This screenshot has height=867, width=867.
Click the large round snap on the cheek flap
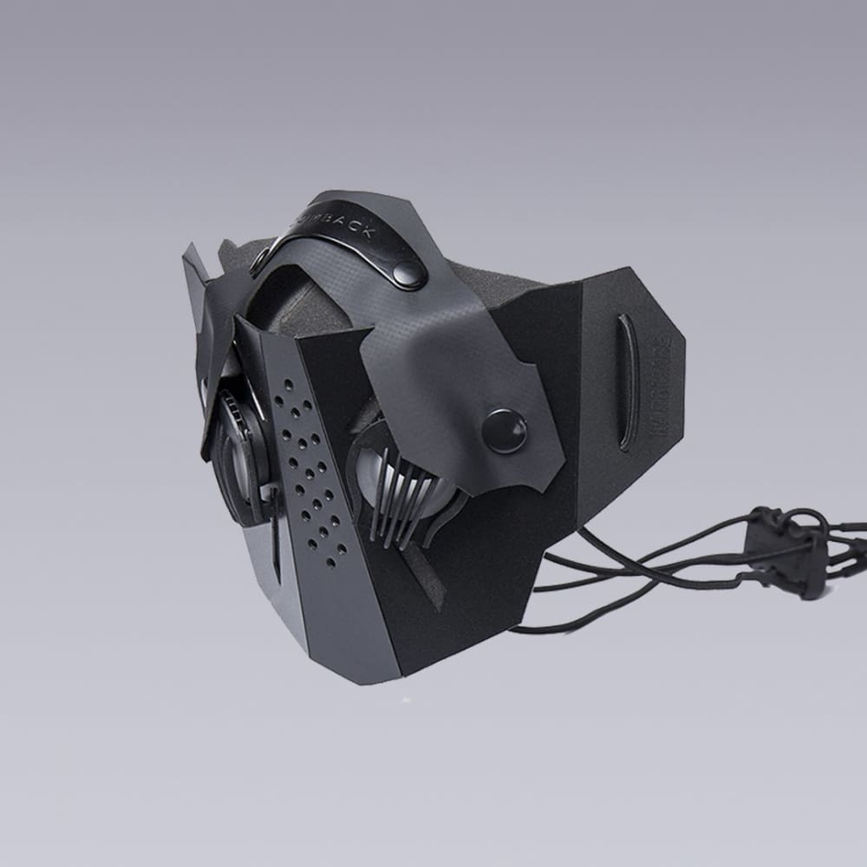coord(504,430)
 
